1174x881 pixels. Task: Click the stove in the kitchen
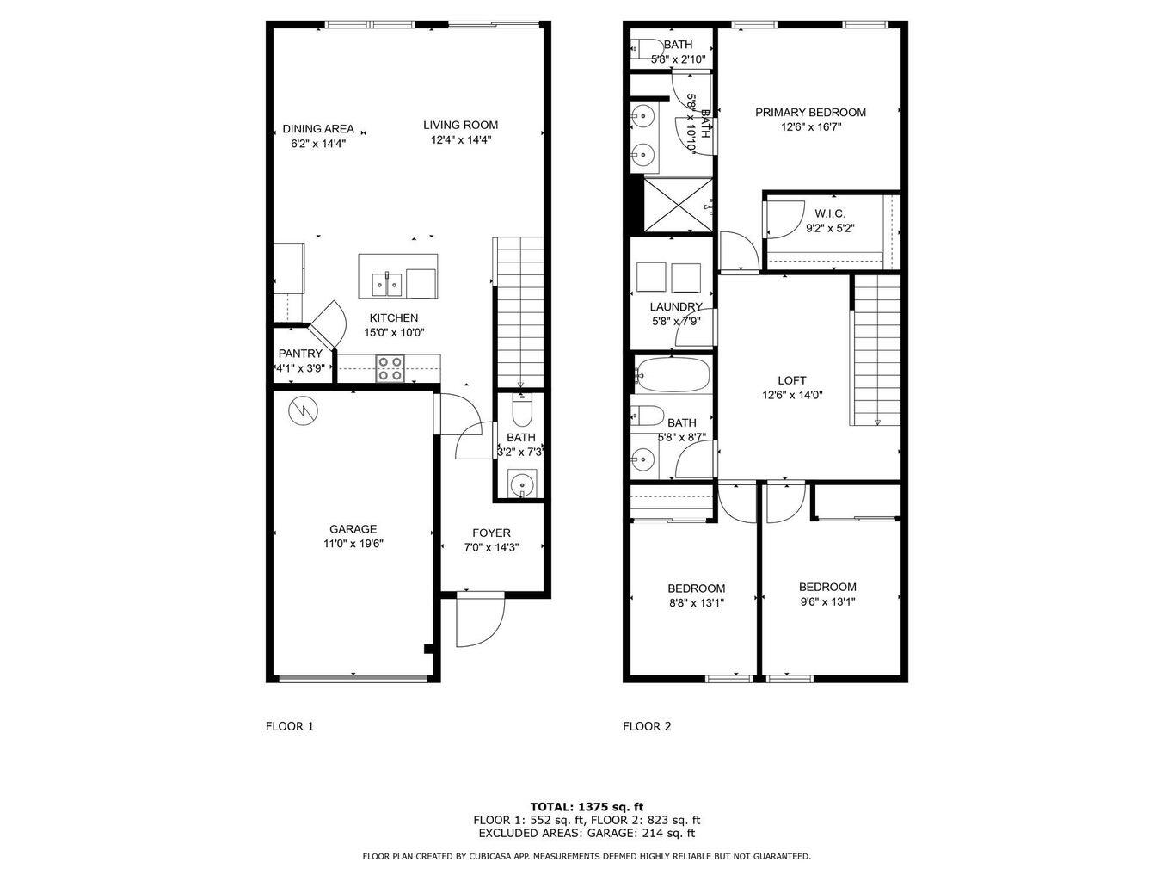click(x=390, y=368)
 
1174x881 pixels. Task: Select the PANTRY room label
click(x=300, y=354)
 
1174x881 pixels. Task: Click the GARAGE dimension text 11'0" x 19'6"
click(x=353, y=544)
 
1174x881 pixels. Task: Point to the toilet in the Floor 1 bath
click(x=521, y=412)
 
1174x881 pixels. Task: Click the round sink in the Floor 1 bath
click(x=521, y=485)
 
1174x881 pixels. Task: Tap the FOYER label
click(x=491, y=533)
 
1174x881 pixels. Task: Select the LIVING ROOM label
click(x=460, y=125)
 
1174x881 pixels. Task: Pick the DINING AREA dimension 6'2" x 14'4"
click(x=318, y=144)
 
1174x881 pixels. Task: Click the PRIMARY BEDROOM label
click(x=810, y=112)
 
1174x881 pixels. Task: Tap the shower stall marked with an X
click(x=678, y=206)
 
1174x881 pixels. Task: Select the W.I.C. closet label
click(x=830, y=213)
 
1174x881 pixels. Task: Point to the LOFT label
click(x=792, y=380)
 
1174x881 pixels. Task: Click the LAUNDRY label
click(x=676, y=306)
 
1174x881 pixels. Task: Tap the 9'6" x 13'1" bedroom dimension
click(x=827, y=602)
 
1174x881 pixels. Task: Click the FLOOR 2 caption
click(x=647, y=726)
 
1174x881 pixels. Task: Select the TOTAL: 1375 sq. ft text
click(x=587, y=807)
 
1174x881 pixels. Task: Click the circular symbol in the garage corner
click(x=303, y=410)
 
